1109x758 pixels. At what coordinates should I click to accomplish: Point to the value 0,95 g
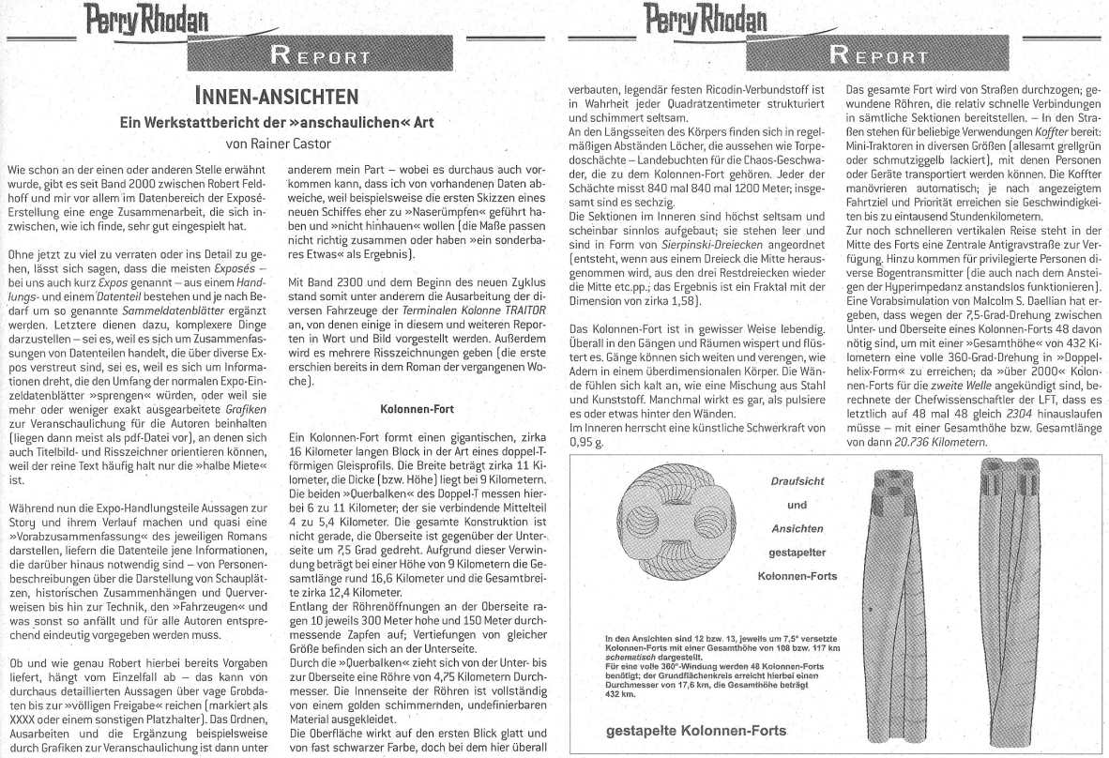[586, 441]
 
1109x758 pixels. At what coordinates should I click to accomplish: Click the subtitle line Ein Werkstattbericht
[275, 122]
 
